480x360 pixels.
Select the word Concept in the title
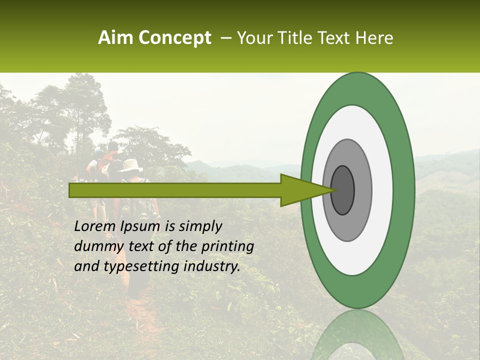click(x=174, y=38)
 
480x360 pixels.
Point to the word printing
click(x=227, y=247)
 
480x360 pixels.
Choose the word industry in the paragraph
click(x=212, y=266)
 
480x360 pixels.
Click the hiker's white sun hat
click(x=130, y=165)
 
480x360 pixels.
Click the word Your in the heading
click(x=254, y=38)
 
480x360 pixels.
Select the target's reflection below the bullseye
click(x=357, y=335)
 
